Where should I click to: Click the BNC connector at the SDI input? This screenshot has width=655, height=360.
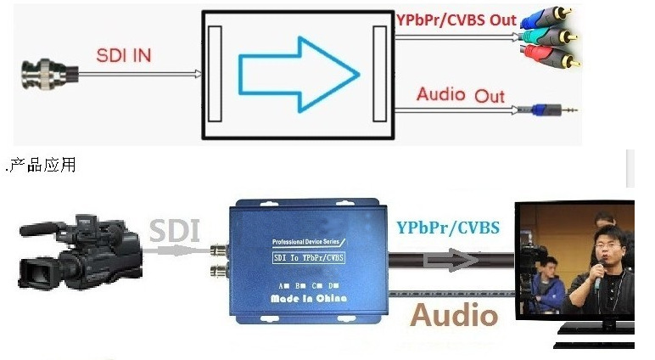(x=50, y=75)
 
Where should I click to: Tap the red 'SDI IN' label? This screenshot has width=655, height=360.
(x=124, y=55)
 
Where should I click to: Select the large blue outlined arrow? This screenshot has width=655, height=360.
(x=299, y=75)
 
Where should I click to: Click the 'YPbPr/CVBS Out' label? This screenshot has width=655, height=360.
(x=456, y=20)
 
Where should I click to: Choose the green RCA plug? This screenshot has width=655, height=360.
(x=549, y=37)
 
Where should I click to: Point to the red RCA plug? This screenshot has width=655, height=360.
(x=550, y=56)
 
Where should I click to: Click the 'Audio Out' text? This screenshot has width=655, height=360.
(x=461, y=95)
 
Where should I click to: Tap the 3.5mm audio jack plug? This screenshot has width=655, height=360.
(x=547, y=110)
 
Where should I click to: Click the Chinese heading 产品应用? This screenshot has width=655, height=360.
(x=42, y=166)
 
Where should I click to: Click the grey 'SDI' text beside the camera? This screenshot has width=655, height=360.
(x=174, y=230)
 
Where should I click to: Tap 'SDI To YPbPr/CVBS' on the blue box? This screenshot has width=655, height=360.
(x=309, y=257)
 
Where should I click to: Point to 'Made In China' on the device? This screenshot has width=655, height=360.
(x=309, y=298)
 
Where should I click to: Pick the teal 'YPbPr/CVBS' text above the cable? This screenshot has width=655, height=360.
(x=448, y=228)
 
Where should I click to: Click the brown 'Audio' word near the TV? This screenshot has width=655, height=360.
(x=454, y=315)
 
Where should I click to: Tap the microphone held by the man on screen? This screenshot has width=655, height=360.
(x=599, y=276)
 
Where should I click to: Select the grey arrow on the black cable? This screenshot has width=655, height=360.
(x=451, y=260)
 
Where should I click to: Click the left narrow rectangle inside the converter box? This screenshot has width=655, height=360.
(x=215, y=74)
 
